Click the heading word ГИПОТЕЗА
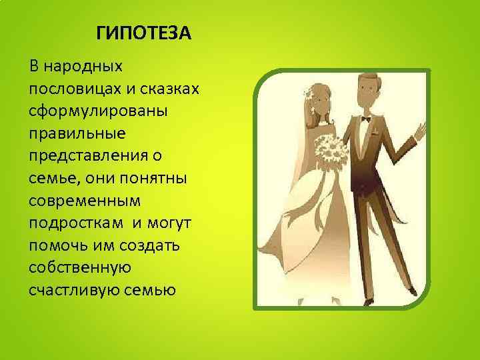tap(143, 33)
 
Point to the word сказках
tap(158, 89)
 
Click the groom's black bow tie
tap(365, 119)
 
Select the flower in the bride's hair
tap(309, 93)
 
